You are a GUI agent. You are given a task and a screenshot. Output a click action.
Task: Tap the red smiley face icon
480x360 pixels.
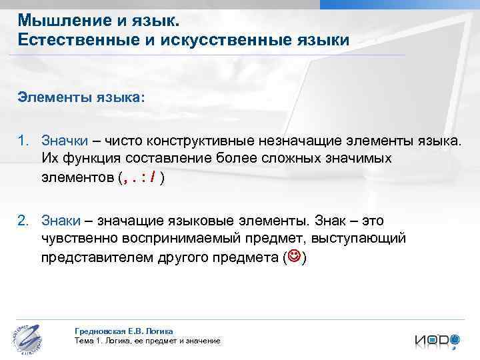[x=293, y=257]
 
